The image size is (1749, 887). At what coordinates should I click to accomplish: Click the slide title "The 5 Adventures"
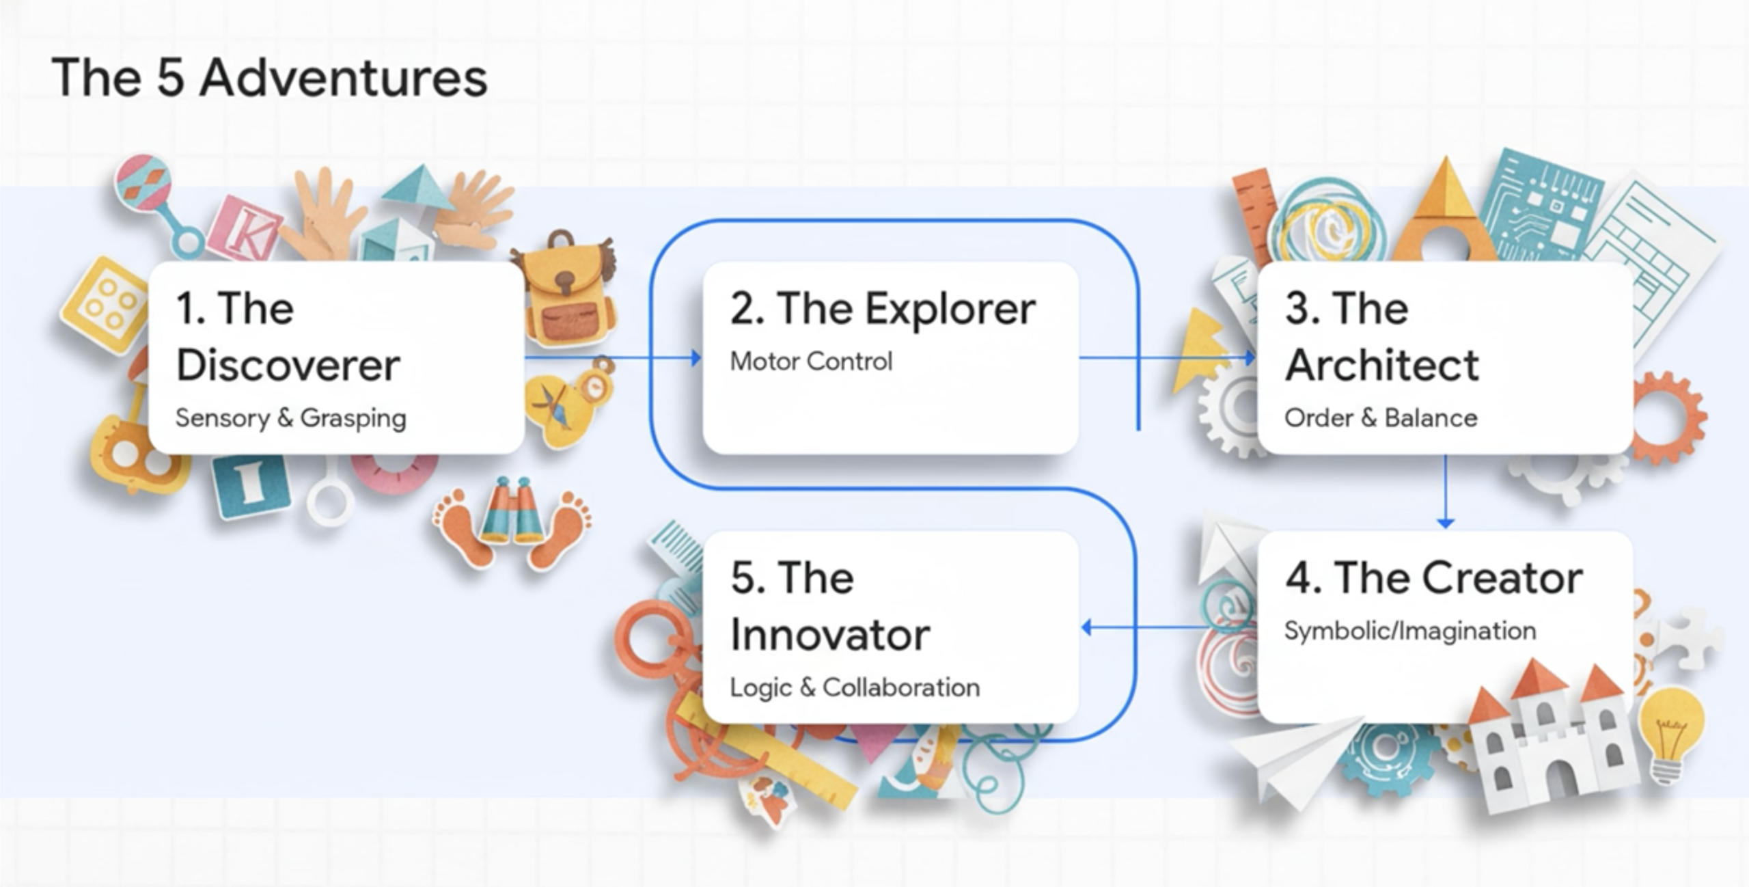269,77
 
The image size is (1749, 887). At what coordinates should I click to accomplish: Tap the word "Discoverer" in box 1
288,365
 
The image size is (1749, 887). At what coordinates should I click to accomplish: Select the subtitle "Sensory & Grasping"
290,418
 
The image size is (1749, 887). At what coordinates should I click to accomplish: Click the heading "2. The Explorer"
883,309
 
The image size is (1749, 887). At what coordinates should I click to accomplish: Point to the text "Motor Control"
811,361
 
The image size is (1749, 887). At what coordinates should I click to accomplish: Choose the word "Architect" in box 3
1381,365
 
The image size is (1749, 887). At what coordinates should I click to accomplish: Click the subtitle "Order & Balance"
1381,418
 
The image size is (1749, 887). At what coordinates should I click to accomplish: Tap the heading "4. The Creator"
1434,578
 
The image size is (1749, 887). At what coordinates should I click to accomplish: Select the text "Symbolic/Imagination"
1410,631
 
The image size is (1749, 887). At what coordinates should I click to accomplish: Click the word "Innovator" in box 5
830,635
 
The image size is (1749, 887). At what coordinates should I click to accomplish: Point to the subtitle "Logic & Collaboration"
855,687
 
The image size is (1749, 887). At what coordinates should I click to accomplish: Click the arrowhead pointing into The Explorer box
696,357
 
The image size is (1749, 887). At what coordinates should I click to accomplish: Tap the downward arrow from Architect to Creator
1445,491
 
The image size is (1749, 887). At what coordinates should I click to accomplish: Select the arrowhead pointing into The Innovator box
1086,627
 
